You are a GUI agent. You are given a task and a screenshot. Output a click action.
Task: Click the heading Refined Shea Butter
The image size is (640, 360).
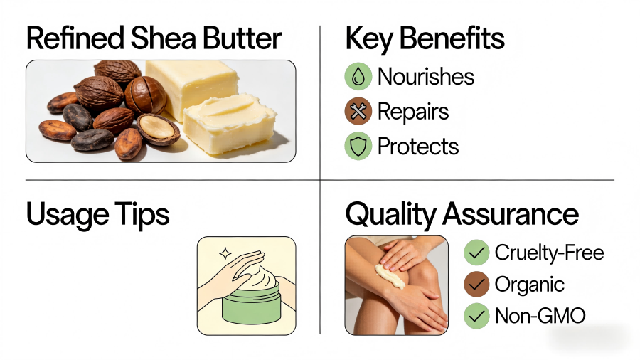tap(154, 39)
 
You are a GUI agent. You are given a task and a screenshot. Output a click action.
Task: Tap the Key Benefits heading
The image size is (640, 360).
tap(425, 39)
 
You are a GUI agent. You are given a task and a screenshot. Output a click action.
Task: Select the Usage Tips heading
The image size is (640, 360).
tap(98, 214)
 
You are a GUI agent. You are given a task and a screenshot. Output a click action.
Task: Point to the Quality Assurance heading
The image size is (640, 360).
tap(462, 214)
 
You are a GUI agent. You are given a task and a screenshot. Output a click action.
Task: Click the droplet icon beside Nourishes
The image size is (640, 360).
tap(358, 77)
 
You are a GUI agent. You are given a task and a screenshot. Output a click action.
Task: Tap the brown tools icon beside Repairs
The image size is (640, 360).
tap(358, 112)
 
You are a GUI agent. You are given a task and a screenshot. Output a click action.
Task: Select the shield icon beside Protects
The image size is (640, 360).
tap(358, 147)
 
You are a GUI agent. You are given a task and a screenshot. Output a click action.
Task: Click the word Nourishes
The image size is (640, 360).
tap(426, 77)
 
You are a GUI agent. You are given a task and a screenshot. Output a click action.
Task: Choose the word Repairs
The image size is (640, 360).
tap(413, 112)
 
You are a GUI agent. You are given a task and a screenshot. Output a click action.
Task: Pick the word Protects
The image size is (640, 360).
tap(418, 147)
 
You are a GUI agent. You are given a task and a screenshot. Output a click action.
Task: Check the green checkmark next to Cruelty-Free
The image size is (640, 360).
tap(476, 253)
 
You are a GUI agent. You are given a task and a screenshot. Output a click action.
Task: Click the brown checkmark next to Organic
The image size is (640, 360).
tap(476, 285)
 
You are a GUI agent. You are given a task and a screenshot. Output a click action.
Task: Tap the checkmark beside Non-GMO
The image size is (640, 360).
tap(476, 316)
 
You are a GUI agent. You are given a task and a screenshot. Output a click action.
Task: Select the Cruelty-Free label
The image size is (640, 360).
tap(549, 253)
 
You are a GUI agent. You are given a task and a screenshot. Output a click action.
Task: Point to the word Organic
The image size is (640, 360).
tap(529, 285)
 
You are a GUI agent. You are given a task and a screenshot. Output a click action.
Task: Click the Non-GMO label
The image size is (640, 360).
tap(540, 316)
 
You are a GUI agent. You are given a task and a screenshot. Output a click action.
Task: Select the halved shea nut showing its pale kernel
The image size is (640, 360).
tap(158, 129)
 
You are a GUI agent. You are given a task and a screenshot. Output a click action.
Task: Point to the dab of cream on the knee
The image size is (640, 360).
tap(390, 276)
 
